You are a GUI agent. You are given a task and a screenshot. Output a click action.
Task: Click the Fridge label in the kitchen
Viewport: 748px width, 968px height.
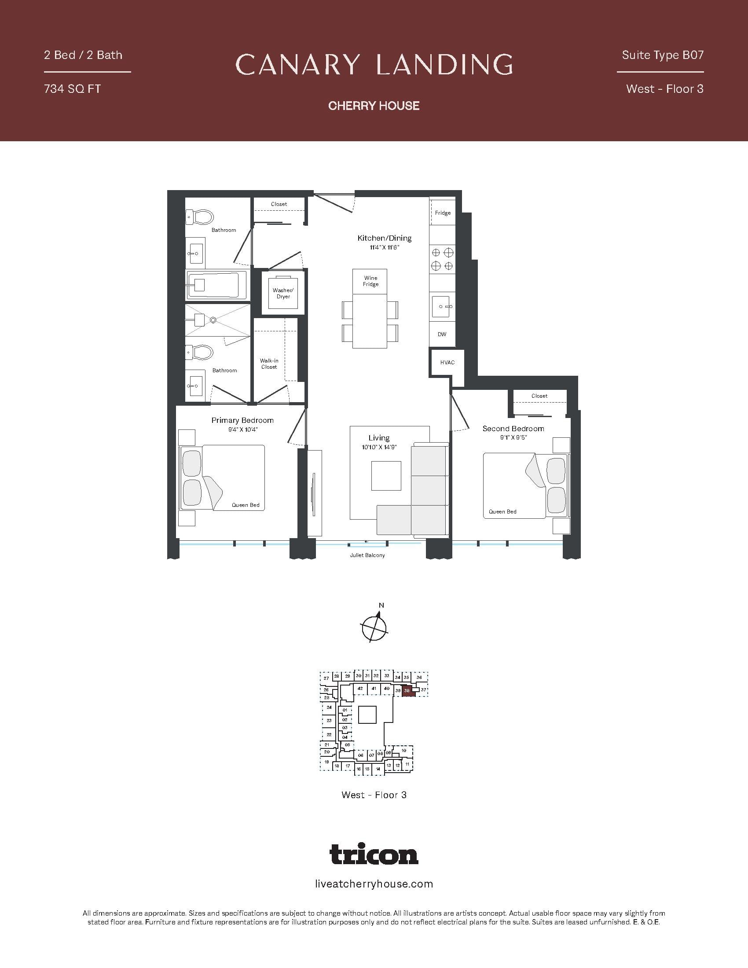(x=443, y=213)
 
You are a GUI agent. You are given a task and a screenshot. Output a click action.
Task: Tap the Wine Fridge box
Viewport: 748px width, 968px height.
(x=370, y=282)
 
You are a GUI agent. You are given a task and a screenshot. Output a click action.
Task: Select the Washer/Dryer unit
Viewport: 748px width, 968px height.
(x=283, y=293)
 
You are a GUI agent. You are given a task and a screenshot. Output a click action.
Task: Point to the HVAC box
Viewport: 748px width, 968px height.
(x=447, y=363)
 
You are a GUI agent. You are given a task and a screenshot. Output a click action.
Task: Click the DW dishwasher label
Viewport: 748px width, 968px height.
(x=442, y=334)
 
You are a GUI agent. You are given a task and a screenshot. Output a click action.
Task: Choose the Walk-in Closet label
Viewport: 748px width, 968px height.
(x=269, y=364)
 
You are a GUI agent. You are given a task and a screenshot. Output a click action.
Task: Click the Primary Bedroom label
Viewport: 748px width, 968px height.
(x=242, y=420)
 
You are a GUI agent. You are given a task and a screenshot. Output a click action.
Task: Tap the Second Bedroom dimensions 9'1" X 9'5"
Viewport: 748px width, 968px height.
(x=513, y=437)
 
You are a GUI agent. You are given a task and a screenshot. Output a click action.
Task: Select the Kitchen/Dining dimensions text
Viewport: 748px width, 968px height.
(x=385, y=247)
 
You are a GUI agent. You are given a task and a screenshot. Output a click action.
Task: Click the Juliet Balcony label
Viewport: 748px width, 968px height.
(x=367, y=555)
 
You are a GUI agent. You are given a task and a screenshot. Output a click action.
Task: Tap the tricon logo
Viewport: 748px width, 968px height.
(x=374, y=854)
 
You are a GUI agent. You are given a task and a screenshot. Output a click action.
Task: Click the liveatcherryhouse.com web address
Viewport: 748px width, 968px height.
(x=374, y=884)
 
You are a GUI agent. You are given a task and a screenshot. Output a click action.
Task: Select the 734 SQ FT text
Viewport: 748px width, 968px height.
(x=72, y=88)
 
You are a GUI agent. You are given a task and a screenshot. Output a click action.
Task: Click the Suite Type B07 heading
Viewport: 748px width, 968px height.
(x=663, y=55)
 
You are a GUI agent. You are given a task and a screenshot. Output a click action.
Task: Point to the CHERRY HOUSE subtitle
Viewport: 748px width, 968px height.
(x=374, y=106)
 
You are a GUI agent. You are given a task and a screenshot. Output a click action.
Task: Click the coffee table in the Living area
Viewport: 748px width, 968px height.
(x=386, y=476)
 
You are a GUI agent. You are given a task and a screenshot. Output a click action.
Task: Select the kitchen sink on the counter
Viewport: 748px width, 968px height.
(x=442, y=306)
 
